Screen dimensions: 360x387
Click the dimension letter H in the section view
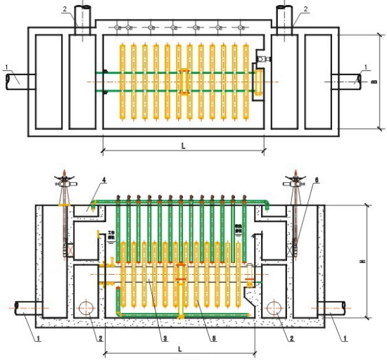point(362,262)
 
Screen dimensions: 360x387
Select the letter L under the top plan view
point(183,146)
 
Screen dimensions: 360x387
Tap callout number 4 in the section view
point(103,181)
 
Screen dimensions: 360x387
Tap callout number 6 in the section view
point(317,181)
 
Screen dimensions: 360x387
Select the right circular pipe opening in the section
point(275,308)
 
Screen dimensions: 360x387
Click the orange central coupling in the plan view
point(184,81)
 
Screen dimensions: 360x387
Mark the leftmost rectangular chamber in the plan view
point(49,82)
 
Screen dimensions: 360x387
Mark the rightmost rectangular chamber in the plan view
point(318,82)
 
